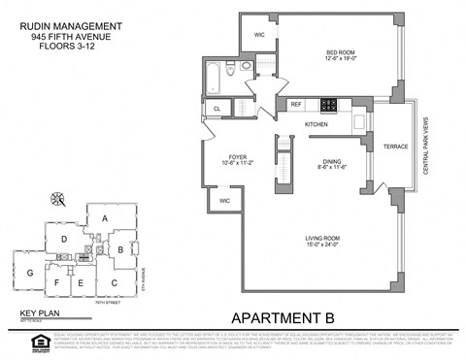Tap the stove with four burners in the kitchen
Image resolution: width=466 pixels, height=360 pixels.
(x=330, y=104)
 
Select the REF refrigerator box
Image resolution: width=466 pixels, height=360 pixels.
(x=296, y=104)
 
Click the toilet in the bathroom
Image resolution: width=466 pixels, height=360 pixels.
(x=247, y=68)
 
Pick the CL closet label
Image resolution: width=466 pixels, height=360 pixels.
(x=216, y=108)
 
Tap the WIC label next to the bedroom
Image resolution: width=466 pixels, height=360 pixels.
(x=259, y=35)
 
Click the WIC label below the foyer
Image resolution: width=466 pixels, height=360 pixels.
(x=224, y=201)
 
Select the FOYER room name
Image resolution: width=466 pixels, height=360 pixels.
(x=238, y=157)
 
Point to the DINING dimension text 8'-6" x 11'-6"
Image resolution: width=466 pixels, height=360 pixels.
(x=333, y=168)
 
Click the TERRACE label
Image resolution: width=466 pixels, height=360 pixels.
(x=395, y=147)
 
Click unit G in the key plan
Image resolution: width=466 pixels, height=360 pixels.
(x=30, y=273)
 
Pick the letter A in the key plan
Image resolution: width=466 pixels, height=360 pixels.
(x=105, y=219)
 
